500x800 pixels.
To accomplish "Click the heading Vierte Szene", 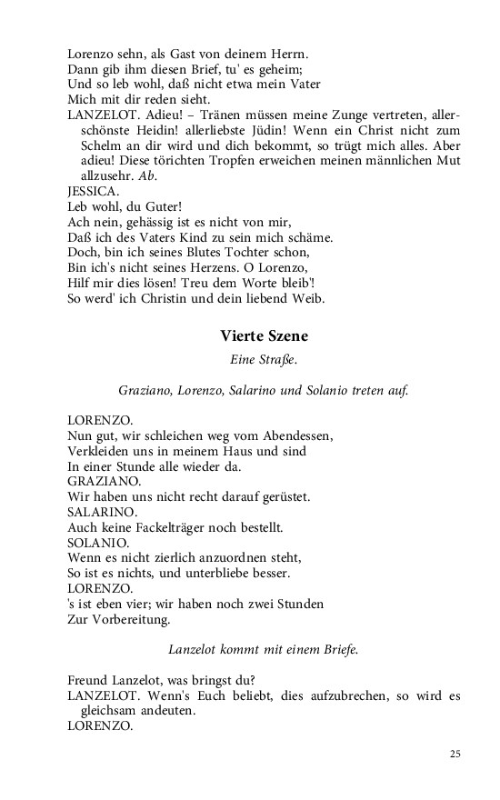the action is pyautogui.click(x=263, y=335).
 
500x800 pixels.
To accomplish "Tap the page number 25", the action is pyautogui.click(x=455, y=754).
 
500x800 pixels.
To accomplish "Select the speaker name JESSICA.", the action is pyautogui.click(x=93, y=192).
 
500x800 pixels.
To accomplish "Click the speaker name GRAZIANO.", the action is pyautogui.click(x=104, y=481).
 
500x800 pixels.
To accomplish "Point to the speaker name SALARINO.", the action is pyautogui.click(x=102, y=512).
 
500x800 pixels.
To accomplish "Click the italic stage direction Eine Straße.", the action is pyautogui.click(x=263, y=360).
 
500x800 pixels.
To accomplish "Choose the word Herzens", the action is pyautogui.click(x=222, y=266).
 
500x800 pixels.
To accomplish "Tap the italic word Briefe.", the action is pyautogui.click(x=335, y=650).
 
